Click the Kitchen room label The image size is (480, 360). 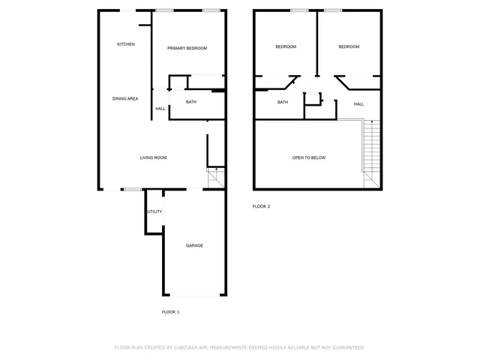click(126, 45)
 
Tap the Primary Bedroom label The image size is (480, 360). click(187, 48)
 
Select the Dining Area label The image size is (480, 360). click(125, 99)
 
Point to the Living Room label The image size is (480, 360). click(153, 157)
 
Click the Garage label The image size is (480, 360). click(194, 245)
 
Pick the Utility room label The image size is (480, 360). click(154, 211)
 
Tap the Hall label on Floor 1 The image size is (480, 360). click(160, 109)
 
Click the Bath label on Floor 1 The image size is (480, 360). click(191, 102)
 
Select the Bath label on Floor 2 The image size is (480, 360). click(283, 102)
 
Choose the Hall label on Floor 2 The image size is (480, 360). click(358, 104)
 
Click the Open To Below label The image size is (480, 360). click(309, 157)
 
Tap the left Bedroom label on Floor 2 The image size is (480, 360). click(286, 46)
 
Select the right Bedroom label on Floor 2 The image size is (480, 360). click(349, 46)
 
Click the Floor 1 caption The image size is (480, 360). click(170, 311)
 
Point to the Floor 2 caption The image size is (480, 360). click(261, 206)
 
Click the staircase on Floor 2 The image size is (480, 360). click(372, 150)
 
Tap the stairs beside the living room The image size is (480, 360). click(215, 178)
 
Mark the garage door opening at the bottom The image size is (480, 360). click(194, 295)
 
